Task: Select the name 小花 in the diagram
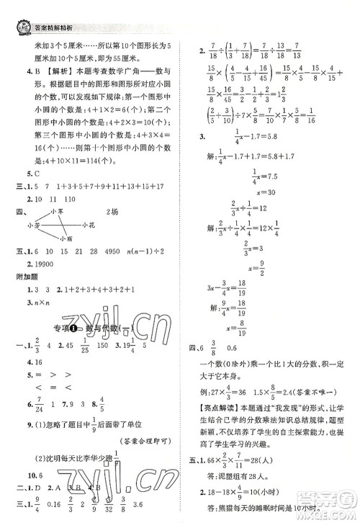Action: pyautogui.click(x=89, y=225)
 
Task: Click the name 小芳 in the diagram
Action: pyautogui.click(x=33, y=225)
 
